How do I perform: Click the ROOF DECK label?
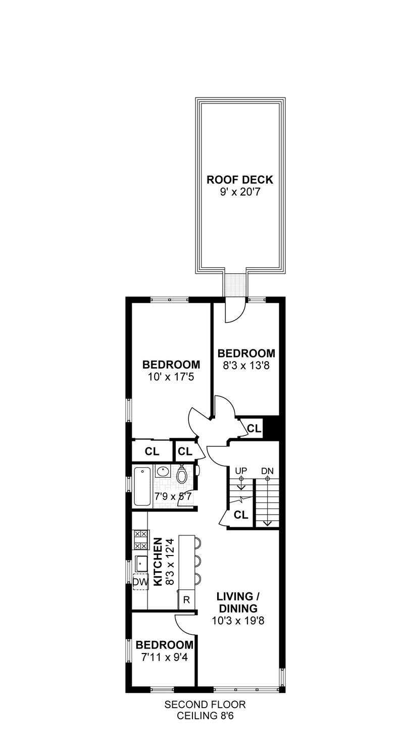pos(240,180)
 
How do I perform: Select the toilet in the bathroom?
pos(182,475)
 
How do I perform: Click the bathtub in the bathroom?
pos(142,486)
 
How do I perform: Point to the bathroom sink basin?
pos(163,472)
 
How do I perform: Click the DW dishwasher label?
pos(140,582)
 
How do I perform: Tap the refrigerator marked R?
pos(186,600)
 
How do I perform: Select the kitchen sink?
pos(141,564)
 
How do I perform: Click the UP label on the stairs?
pos(241,471)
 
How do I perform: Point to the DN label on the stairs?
pos(267,471)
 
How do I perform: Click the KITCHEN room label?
pos(158,562)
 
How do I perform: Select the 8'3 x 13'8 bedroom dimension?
pos(246,365)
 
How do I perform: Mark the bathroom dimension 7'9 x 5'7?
pos(173,496)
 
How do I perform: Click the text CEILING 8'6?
pos(205,716)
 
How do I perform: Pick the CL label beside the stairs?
pos(241,515)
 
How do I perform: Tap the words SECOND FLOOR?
pos(205,705)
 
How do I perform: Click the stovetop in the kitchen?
pos(141,539)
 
